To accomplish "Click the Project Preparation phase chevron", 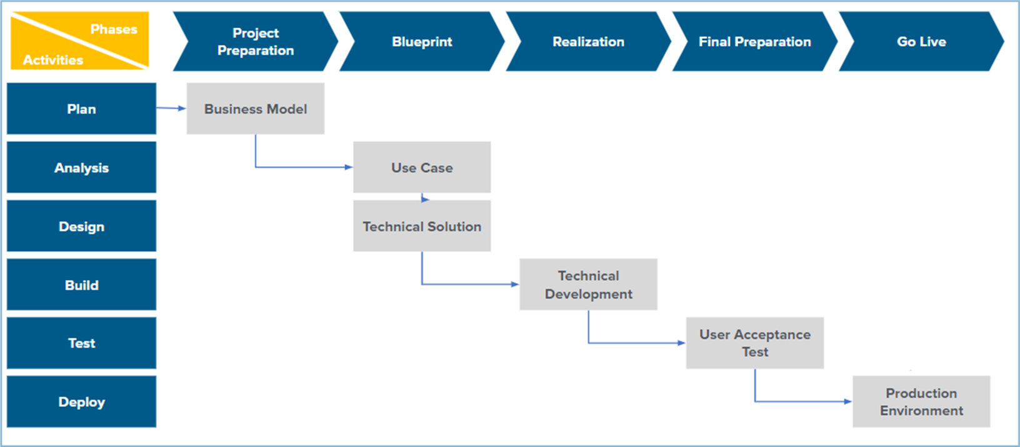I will point(256,41).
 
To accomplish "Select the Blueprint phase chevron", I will point(422,41).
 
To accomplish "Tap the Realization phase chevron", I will point(588,41).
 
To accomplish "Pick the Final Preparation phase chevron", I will point(754,41).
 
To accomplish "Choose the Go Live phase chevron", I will point(921,41).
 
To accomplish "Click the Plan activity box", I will point(81,109).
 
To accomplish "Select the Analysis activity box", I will point(81,168).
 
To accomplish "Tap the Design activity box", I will point(81,226).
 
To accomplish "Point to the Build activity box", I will point(81,285).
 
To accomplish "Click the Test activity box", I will point(81,343).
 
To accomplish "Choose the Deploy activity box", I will point(81,402).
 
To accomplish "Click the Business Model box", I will point(256,109).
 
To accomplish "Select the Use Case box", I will point(422,168).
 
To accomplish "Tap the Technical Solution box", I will point(422,226).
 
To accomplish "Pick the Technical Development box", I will point(588,285).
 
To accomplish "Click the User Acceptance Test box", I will point(754,343).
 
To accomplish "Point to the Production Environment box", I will point(921,402).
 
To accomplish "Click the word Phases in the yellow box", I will point(114,29).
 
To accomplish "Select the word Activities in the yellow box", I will point(53,60).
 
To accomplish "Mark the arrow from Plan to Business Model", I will point(171,108).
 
